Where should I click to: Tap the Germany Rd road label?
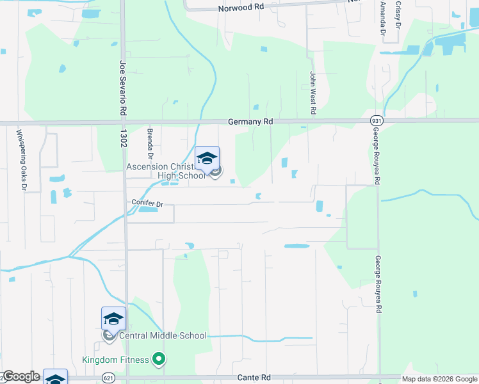[250, 122]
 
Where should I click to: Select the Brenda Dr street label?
[150, 144]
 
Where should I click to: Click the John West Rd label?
[313, 93]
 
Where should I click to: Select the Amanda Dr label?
[384, 18]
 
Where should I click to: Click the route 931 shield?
[376, 120]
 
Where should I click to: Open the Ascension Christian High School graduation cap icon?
[207, 158]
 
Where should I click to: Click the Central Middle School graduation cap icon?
[113, 319]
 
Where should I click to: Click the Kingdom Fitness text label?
[115, 360]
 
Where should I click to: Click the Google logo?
[21, 376]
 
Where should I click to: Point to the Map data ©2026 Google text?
[439, 379]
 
